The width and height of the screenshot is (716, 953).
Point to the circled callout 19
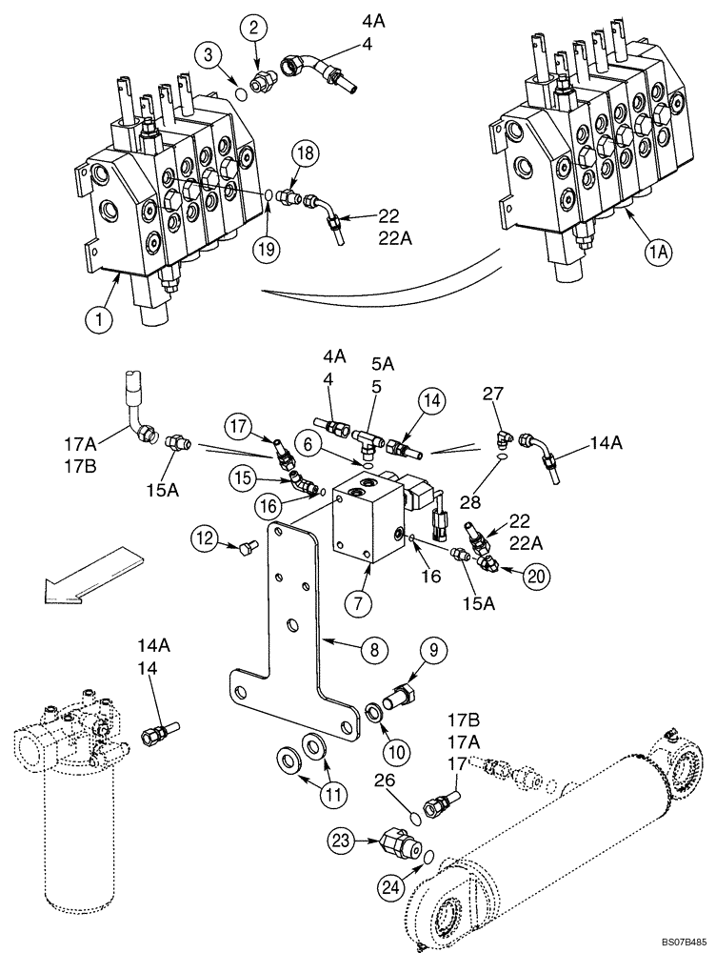click(x=269, y=251)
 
